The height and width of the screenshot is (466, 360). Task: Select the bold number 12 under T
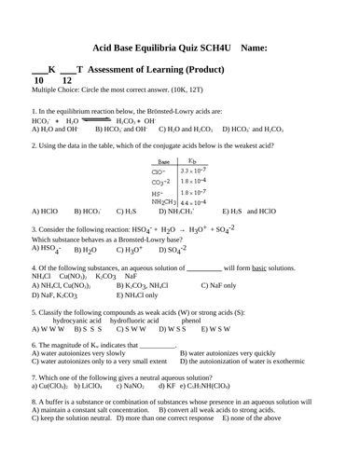(x=66, y=81)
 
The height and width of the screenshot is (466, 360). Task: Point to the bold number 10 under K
(x=39, y=81)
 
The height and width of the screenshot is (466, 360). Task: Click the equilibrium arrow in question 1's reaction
(x=95, y=119)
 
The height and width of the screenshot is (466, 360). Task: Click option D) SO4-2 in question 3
(x=171, y=249)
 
